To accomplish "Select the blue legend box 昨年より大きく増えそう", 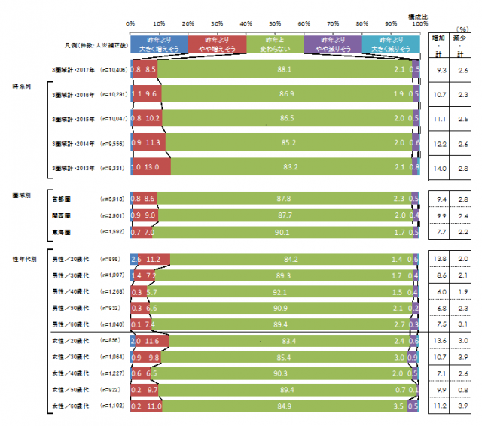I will (159, 43).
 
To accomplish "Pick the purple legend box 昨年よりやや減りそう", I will (333, 43).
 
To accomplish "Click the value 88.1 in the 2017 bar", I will (285, 69).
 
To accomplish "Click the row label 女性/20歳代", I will (69, 341).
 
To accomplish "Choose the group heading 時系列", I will (21, 87).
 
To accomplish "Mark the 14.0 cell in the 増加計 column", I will (440, 166).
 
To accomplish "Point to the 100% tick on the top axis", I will (419, 24).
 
